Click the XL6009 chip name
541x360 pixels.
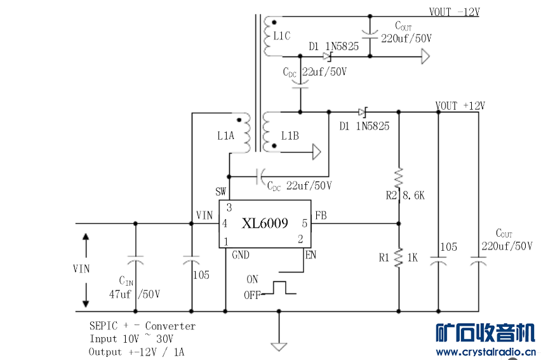(x=265, y=223)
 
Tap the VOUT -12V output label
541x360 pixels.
(x=455, y=12)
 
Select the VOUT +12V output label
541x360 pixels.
(x=460, y=105)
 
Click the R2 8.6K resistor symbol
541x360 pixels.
(x=399, y=178)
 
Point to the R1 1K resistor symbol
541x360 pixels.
(x=399, y=258)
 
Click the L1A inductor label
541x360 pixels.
(x=225, y=136)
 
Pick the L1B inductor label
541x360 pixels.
(x=290, y=136)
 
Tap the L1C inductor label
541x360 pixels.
(x=282, y=36)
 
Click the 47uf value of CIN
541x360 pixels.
(x=120, y=294)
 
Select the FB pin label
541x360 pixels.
(x=321, y=216)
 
